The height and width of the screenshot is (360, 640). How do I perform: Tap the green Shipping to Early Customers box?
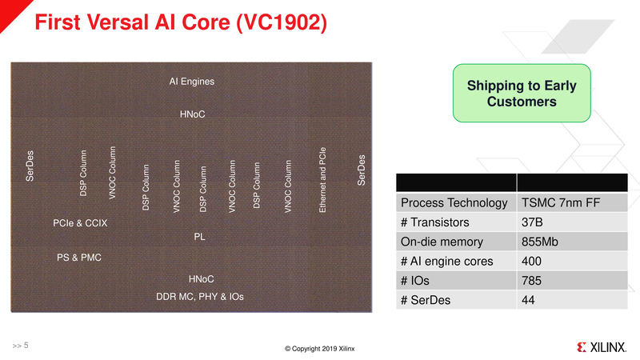pos(522,94)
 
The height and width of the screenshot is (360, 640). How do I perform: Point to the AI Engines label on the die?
pos(192,82)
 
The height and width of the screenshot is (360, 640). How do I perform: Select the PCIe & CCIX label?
pos(80,222)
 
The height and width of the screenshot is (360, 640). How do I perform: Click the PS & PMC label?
pos(79,258)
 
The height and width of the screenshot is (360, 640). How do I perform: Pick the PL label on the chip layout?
pos(200,238)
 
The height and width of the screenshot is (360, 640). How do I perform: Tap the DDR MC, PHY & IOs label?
pos(200,297)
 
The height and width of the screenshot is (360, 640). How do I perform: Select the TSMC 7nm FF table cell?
pos(561,203)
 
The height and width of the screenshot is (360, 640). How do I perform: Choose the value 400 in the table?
pos(531,262)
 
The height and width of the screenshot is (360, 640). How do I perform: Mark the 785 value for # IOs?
pos(531,281)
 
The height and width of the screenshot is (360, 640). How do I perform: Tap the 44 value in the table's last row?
pos(528,300)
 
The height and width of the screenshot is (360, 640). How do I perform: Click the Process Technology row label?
pos(454,203)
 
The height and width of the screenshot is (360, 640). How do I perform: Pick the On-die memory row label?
pos(442,242)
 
